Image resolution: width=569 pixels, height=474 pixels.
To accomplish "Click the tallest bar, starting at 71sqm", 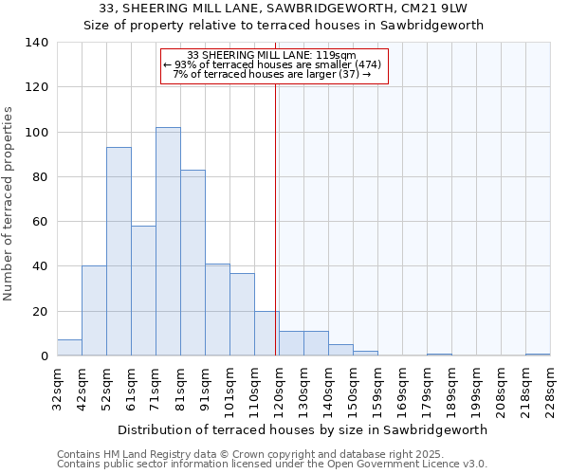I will click(x=168, y=242).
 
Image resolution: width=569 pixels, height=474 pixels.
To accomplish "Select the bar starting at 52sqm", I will click(x=119, y=251).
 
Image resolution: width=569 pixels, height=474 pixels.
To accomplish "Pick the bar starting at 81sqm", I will click(x=193, y=263).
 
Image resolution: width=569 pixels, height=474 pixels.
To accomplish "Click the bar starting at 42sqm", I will click(x=94, y=311).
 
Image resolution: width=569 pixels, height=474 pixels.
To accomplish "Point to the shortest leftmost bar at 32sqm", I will click(x=69, y=348).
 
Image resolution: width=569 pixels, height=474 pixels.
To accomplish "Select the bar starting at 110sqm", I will click(x=266, y=334).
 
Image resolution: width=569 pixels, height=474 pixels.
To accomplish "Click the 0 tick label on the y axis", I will click(x=45, y=356).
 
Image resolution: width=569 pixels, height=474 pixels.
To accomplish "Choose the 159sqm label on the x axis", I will click(x=377, y=388).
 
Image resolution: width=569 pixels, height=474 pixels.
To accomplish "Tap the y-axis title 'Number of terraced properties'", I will click(x=9, y=204).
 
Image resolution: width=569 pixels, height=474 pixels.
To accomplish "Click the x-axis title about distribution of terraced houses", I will click(x=303, y=429).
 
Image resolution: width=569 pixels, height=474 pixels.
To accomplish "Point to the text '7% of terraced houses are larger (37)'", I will click(x=272, y=74).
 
